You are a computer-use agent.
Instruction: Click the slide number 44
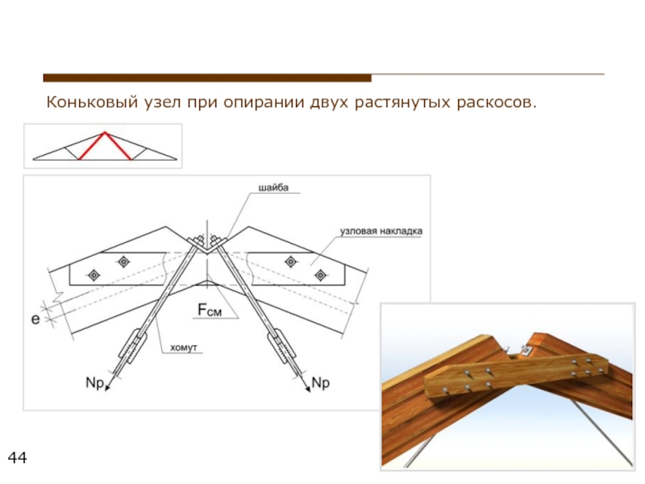[x=17, y=459]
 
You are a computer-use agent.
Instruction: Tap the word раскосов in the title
[x=494, y=104]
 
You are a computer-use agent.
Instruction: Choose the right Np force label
[x=320, y=382]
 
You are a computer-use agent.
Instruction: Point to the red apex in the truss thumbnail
[x=102, y=132]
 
